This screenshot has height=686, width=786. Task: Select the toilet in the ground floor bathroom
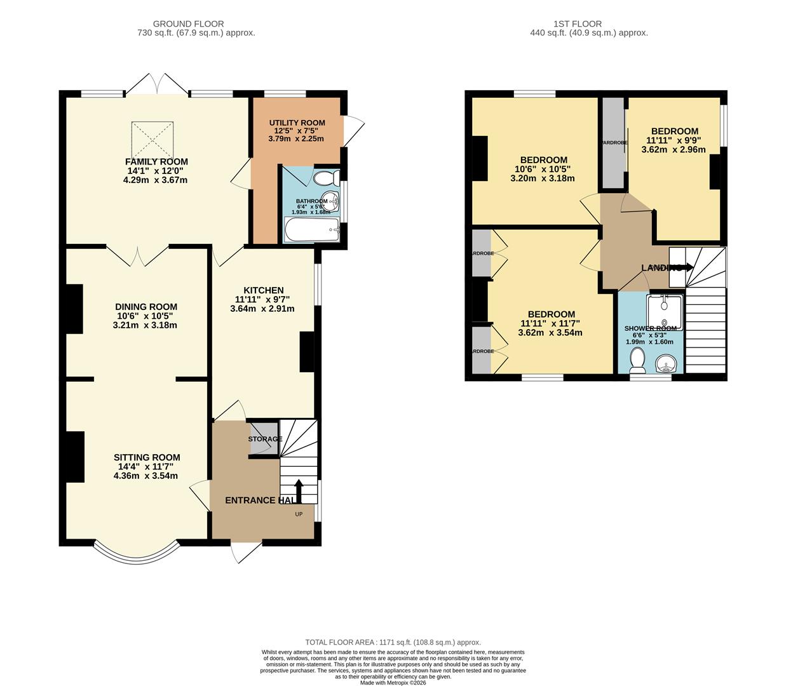click(x=327, y=177)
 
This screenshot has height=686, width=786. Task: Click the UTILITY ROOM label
click(x=297, y=123)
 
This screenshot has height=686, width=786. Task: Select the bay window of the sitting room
click(x=135, y=555)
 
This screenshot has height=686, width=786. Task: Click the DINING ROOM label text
click(x=146, y=307)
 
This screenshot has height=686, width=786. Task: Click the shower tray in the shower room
click(x=665, y=312)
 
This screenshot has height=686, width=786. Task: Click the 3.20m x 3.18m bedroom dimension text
click(x=542, y=178)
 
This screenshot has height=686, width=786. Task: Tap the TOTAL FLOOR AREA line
click(x=393, y=642)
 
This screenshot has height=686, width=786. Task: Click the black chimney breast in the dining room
click(x=74, y=309)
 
